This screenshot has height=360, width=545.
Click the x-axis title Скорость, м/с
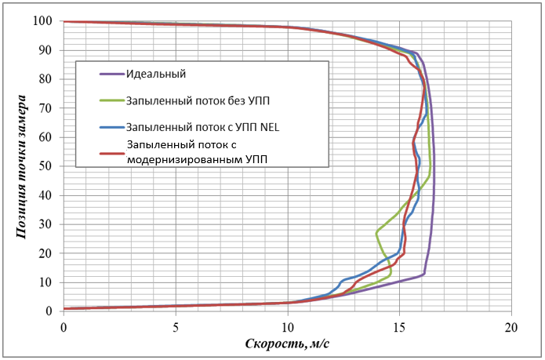pos(287,343)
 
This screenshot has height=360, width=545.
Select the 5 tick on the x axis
pos(176,325)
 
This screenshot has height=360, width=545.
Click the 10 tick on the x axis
pos(287,325)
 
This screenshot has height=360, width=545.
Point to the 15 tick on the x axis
pos(399,325)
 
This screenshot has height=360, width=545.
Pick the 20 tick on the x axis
pos(511,325)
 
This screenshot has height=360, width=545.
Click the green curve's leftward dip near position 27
pos(377,231)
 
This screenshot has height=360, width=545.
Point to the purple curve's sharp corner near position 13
pos(424,274)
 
